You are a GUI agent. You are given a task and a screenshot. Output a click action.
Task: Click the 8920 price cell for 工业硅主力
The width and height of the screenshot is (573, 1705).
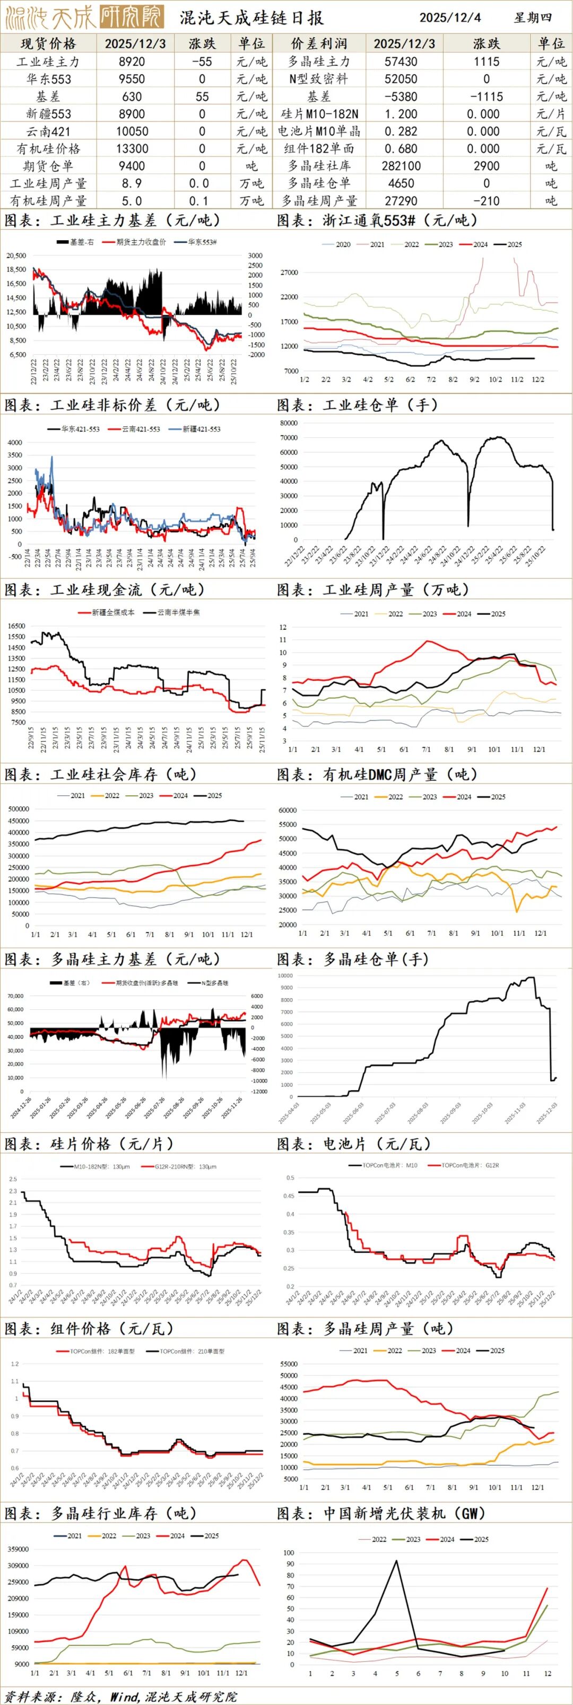tap(133, 61)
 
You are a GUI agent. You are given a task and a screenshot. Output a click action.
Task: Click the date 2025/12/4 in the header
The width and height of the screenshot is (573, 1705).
tap(450, 17)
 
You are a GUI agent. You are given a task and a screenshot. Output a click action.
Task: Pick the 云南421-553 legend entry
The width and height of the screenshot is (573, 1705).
tap(141, 429)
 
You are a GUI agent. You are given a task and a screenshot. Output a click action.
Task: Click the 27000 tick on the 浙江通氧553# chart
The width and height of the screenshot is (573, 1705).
tap(290, 273)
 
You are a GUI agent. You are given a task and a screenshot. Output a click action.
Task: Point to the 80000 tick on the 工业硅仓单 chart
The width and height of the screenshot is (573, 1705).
tap(288, 423)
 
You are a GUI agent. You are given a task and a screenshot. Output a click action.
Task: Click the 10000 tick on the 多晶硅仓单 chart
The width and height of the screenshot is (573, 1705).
tap(285, 975)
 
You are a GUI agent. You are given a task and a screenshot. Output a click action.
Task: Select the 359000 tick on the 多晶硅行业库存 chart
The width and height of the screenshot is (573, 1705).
tap(18, 1550)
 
